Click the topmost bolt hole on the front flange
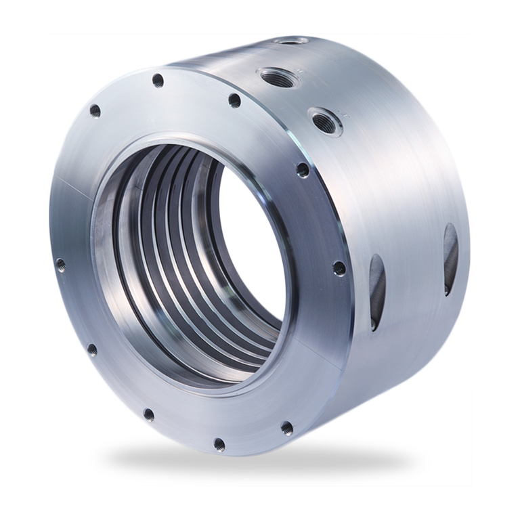(158, 81)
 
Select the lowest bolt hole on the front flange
(219, 444)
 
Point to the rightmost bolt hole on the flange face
(338, 271)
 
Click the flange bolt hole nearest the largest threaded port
(234, 100)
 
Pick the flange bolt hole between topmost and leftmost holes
(95, 110)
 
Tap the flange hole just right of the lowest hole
(286, 427)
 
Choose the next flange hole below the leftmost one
(91, 350)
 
